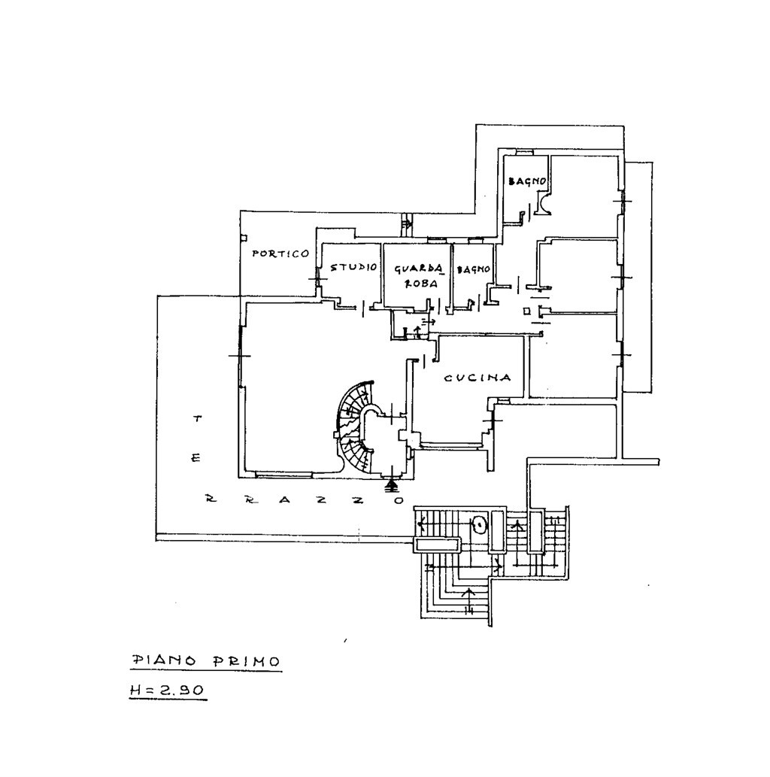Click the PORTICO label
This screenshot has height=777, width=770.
pos(280,254)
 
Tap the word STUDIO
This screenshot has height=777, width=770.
pos(353,267)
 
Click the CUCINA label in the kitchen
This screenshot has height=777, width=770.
pos(477,378)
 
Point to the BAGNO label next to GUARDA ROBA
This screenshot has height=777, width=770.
pos(474,269)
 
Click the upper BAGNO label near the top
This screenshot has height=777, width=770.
pos(527,181)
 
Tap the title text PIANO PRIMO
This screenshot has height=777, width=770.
pos(206,661)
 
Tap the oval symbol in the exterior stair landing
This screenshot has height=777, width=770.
pos(479,524)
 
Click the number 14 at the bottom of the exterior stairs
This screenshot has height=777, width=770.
pos(469,609)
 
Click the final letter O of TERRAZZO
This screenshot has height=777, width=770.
pos(398,501)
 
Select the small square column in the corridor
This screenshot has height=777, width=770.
pos(526,311)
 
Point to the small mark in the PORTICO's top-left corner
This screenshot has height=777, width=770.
pos(244,238)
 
